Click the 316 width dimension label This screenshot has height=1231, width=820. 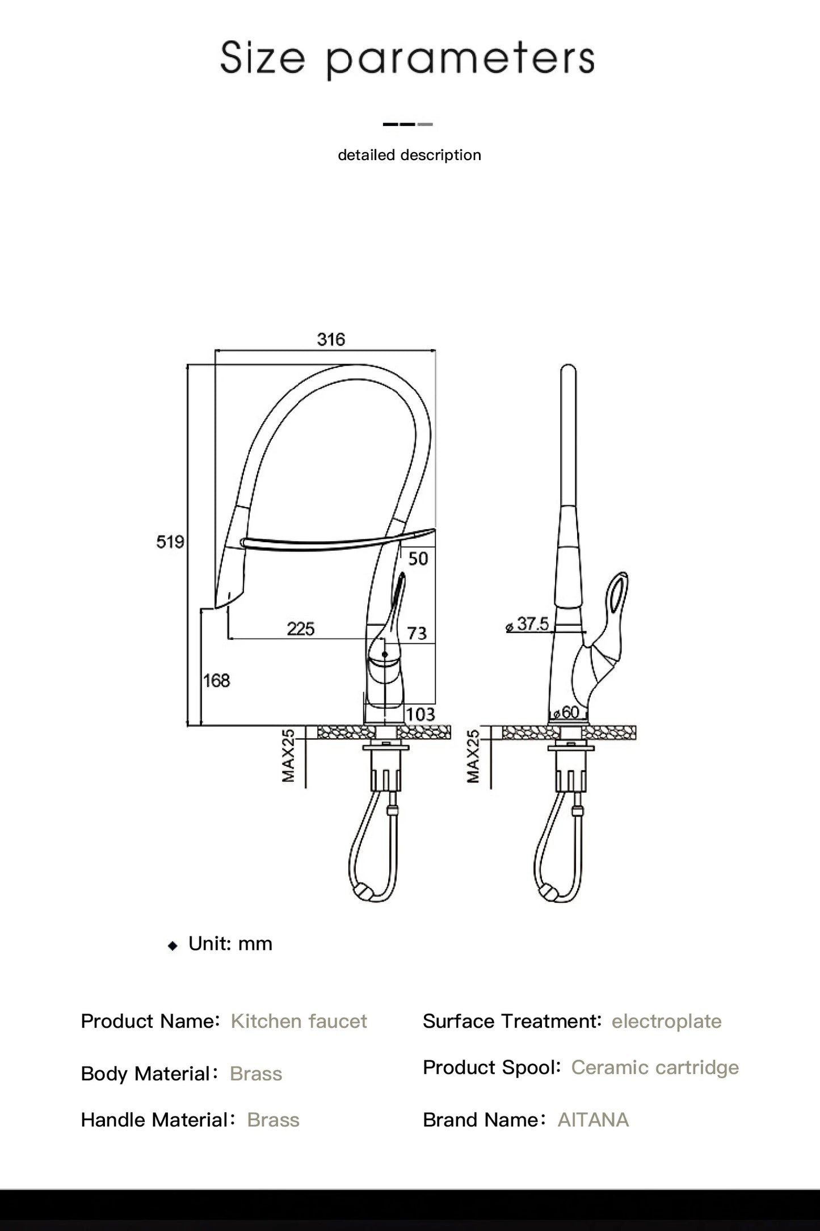point(331,340)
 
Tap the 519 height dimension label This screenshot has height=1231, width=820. point(170,542)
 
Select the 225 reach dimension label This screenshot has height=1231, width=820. point(301,629)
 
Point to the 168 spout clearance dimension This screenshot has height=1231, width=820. point(216,680)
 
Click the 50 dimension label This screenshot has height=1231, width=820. point(418,559)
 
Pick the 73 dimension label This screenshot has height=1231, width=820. point(417,633)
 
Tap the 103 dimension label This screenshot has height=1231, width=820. point(420,714)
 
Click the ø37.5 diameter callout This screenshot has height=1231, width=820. point(528,625)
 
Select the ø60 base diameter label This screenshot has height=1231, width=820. point(566,713)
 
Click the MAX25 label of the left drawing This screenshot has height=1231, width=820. point(289,756)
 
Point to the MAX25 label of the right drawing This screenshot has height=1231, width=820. point(473,756)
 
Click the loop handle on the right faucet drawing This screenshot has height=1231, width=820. point(618,596)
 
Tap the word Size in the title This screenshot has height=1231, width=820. point(262,58)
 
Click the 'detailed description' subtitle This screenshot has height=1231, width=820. point(409,155)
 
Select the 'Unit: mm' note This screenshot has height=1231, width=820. point(230,944)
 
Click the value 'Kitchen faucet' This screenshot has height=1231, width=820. point(298,1021)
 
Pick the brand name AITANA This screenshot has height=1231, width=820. point(593,1120)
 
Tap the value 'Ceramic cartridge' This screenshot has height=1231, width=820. point(655,1067)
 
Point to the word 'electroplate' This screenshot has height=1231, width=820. point(666,1021)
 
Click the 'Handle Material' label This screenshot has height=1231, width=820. point(154,1120)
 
